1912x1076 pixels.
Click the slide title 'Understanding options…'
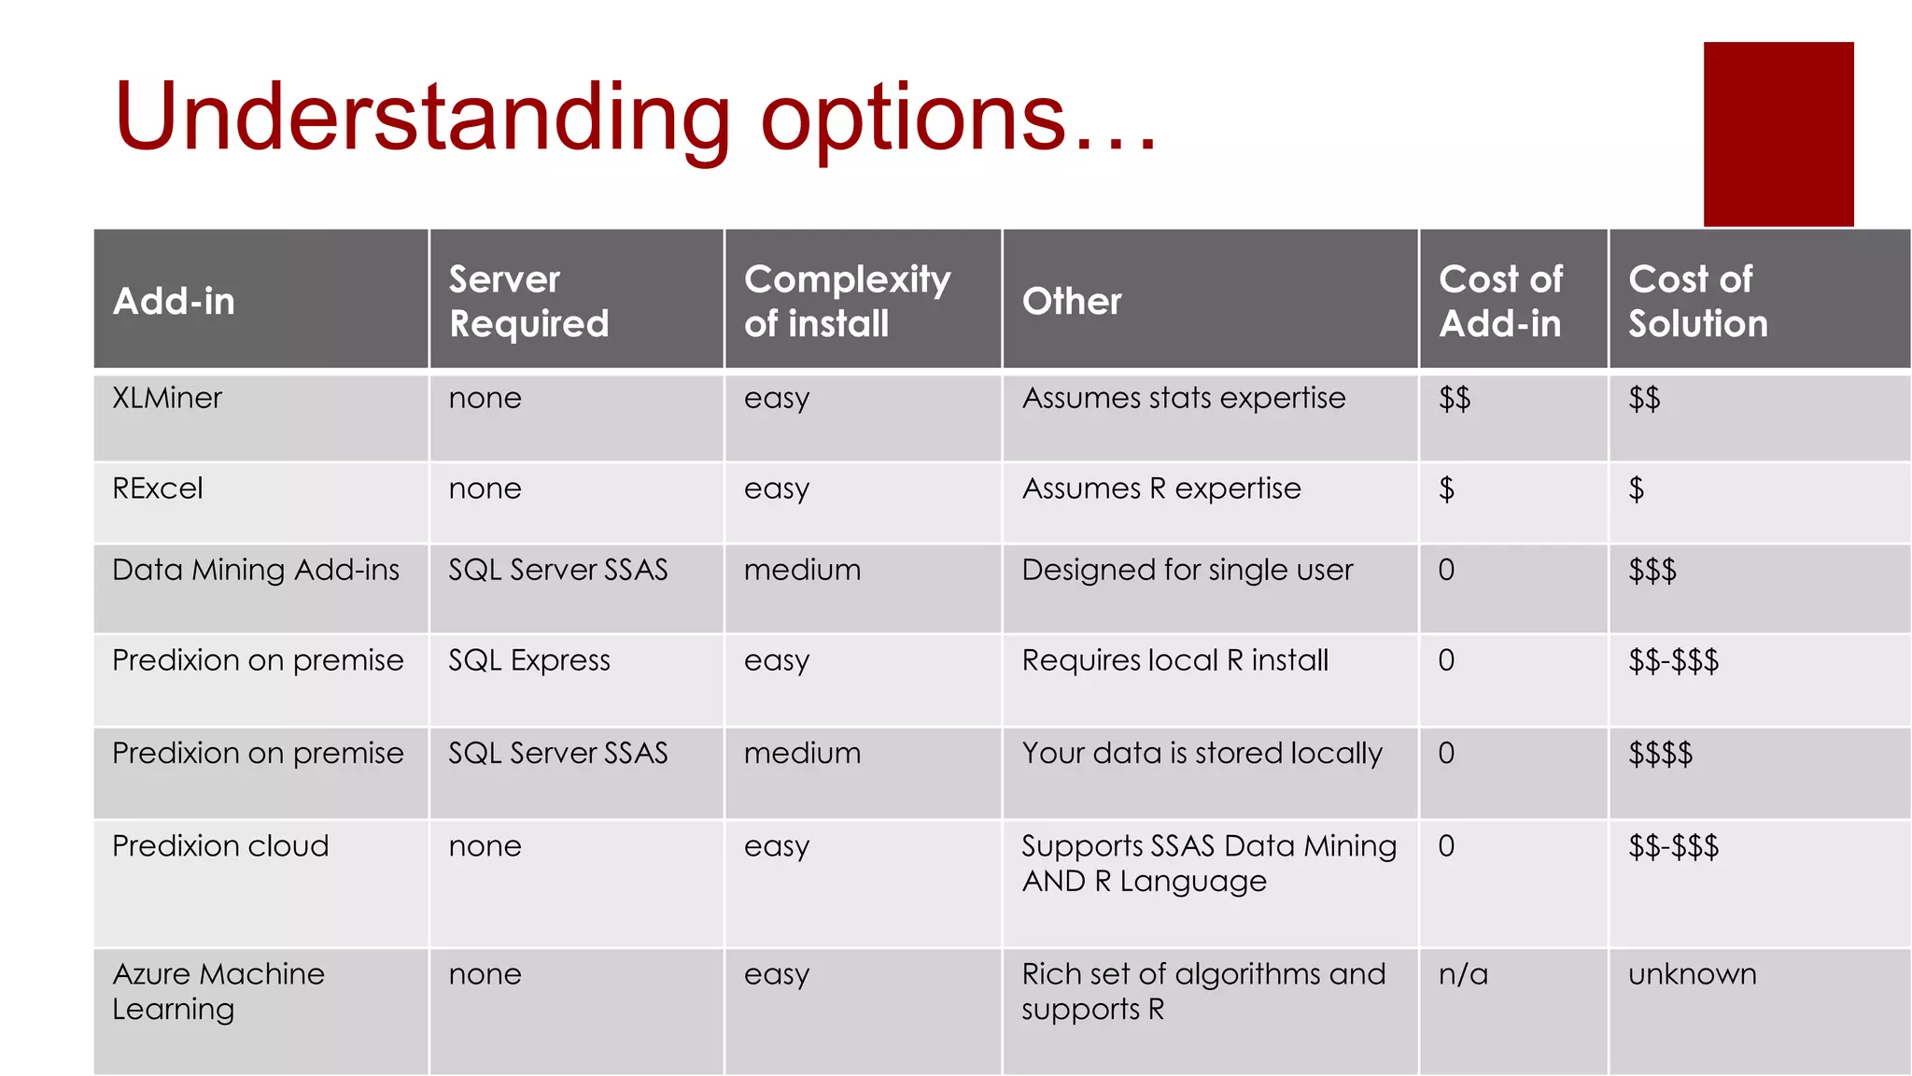click(x=635, y=118)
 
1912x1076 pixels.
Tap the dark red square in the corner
click(x=1778, y=134)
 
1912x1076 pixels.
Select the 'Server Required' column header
click(x=528, y=301)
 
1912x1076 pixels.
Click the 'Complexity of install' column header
click(x=847, y=301)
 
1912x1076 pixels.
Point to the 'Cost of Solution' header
click(x=1697, y=301)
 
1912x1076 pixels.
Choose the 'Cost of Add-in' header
click(x=1500, y=301)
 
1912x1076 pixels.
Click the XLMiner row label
click(x=167, y=399)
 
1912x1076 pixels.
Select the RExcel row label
click(x=158, y=488)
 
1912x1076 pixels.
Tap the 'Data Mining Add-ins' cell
click(x=256, y=570)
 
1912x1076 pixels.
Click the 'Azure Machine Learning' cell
click(x=218, y=991)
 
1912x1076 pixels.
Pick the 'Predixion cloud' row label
click(x=220, y=846)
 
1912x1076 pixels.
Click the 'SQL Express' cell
click(x=528, y=660)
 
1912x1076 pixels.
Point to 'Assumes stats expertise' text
click(x=1184, y=399)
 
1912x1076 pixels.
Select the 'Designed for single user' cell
click(x=1187, y=570)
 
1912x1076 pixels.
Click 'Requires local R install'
click(x=1174, y=660)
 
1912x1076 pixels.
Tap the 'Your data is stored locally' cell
click(x=1202, y=753)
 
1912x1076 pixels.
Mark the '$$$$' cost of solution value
click(x=1660, y=753)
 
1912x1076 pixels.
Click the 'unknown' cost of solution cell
click(x=1692, y=974)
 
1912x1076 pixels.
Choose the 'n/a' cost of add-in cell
click(x=1463, y=974)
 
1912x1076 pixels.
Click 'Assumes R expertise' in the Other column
click(x=1161, y=488)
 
